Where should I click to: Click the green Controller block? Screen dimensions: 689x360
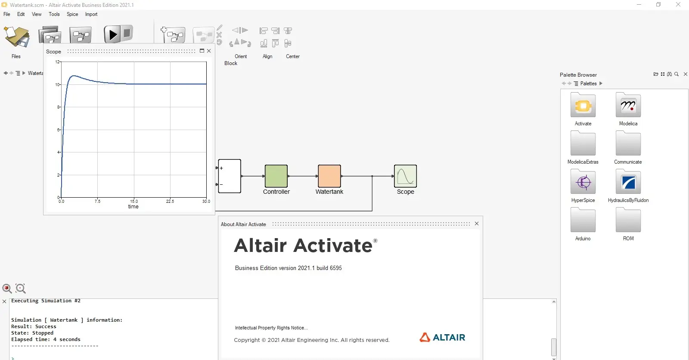pyautogui.click(x=276, y=176)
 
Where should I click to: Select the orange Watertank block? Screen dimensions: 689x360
pyautogui.click(x=329, y=176)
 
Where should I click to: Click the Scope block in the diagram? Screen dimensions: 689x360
pyautogui.click(x=405, y=176)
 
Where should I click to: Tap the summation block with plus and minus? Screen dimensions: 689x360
pyautogui.click(x=230, y=176)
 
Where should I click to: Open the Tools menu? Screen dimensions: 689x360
pyautogui.click(x=54, y=14)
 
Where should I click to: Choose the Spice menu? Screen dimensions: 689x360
pyautogui.click(x=72, y=14)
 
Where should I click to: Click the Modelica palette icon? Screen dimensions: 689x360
pyautogui.click(x=628, y=105)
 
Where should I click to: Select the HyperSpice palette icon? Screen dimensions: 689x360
pyautogui.click(x=583, y=182)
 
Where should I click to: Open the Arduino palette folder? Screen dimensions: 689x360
pyautogui.click(x=583, y=220)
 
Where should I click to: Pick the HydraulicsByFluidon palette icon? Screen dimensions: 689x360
pyautogui.click(x=628, y=182)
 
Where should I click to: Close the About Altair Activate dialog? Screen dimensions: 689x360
pyautogui.click(x=476, y=223)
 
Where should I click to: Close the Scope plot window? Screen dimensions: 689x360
pyautogui.click(x=209, y=51)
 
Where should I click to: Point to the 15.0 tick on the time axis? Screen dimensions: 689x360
pyautogui.click(x=134, y=201)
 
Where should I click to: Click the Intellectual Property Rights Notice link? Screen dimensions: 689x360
pyautogui.click(x=271, y=328)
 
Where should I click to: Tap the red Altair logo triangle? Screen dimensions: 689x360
pyautogui.click(x=425, y=337)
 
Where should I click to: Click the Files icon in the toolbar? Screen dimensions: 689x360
pyautogui.click(x=16, y=37)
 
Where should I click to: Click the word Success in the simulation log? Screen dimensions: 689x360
pyautogui.click(x=46, y=326)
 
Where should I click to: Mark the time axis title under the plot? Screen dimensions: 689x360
pyautogui.click(x=133, y=206)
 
